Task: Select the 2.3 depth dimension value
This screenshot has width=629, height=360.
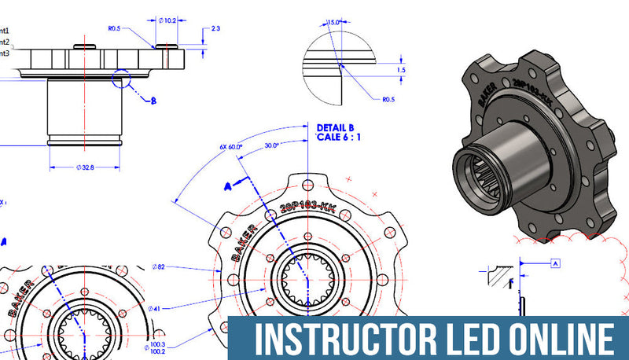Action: point(215,29)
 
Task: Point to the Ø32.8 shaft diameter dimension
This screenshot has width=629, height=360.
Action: point(84,167)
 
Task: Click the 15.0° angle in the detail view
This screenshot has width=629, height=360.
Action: point(335,22)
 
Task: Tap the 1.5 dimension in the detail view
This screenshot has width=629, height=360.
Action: point(401,70)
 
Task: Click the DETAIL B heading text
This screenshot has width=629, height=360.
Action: point(336,127)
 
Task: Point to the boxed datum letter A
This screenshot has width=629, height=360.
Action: point(554,263)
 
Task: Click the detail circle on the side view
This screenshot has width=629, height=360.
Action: point(123,79)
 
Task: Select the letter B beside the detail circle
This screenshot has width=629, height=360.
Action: point(153,101)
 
